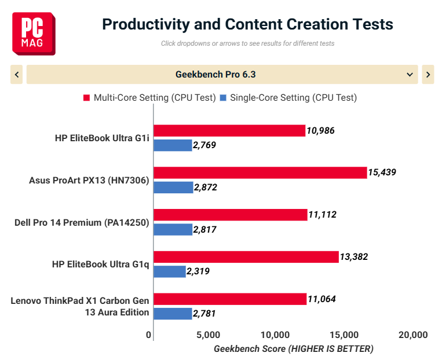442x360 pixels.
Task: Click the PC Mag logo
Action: (x=34, y=34)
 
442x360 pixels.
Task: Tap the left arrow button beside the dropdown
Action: (x=17, y=74)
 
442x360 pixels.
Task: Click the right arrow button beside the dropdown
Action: (x=428, y=74)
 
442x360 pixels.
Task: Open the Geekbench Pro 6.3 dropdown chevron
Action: (x=410, y=75)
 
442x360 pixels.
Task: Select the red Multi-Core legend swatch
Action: (x=86, y=98)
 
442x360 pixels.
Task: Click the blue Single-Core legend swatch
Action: (x=223, y=98)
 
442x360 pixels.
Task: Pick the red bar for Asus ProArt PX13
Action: (x=261, y=172)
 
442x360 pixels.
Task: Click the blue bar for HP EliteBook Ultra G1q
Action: (x=170, y=271)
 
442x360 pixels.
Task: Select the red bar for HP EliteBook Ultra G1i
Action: (x=229, y=131)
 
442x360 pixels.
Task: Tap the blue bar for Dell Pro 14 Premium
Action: (x=173, y=230)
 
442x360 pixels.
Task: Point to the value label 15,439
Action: (x=382, y=172)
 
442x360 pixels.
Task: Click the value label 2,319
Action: (x=198, y=271)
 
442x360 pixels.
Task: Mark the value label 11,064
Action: (x=322, y=299)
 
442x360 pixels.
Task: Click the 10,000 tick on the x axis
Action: (x=275, y=335)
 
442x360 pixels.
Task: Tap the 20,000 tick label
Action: (x=413, y=335)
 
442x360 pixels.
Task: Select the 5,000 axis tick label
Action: (x=209, y=335)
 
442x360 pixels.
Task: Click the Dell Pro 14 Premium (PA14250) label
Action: (x=82, y=222)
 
